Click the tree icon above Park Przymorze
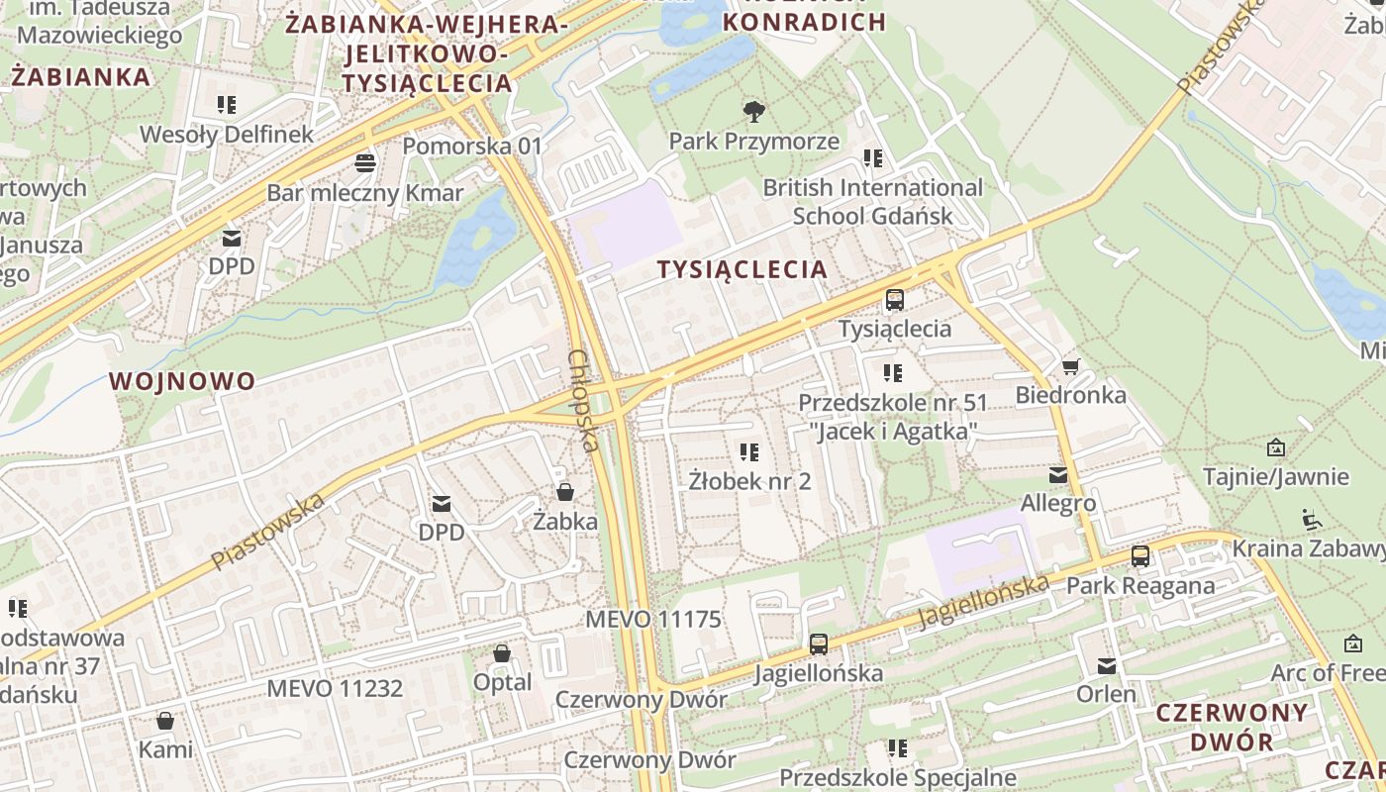coord(753,111)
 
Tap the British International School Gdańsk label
coord(872,202)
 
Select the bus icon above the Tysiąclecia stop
coord(895,299)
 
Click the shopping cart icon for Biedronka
coord(1070,367)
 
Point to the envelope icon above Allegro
coord(1058,475)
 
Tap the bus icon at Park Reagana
coord(1140,556)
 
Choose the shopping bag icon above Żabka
coord(565,491)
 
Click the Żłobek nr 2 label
coord(750,482)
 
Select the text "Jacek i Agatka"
coord(893,432)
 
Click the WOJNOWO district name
coord(182,381)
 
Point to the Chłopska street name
coord(584,400)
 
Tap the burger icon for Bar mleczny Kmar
coord(365,162)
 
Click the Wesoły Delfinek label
coord(227,135)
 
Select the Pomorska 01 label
coord(473,147)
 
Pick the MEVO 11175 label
coord(653,620)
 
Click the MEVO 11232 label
coord(335,688)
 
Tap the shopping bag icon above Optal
coord(502,653)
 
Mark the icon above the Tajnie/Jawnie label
coord(1275,447)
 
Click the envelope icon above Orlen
coord(1107,666)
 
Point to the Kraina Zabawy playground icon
coord(1312,519)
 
